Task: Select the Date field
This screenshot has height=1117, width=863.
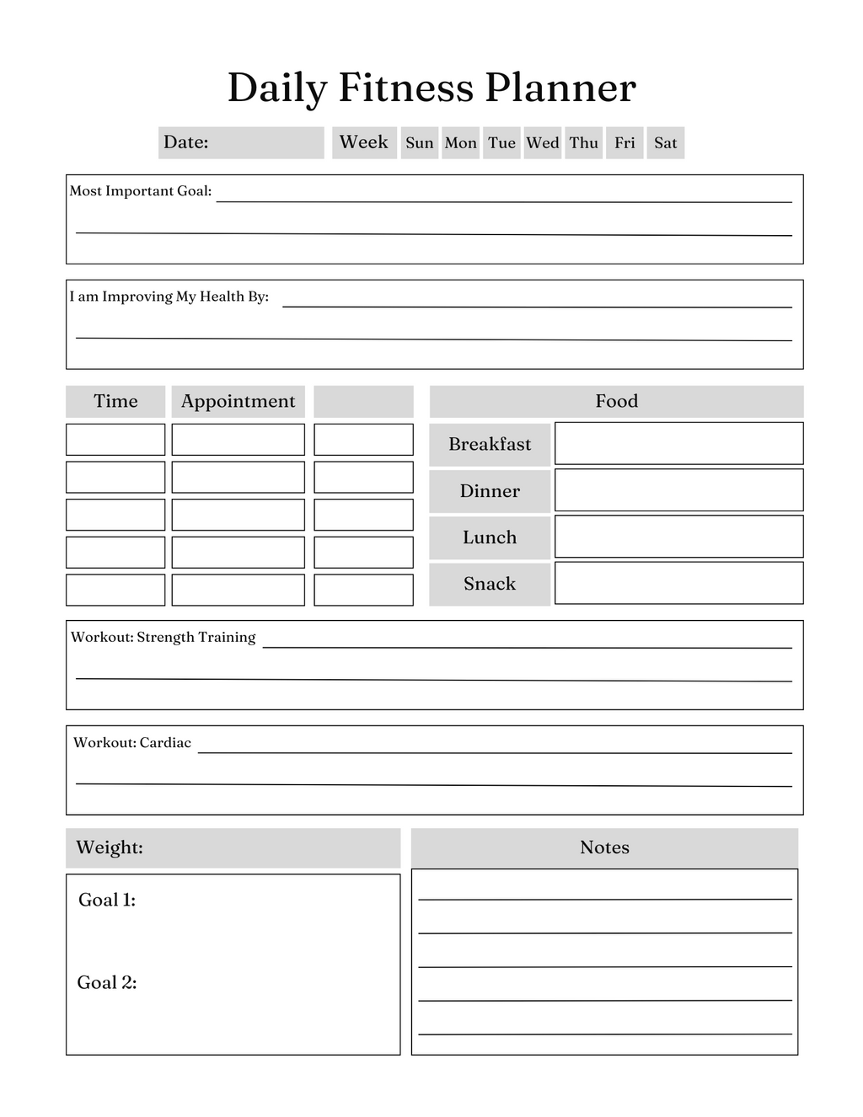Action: point(241,142)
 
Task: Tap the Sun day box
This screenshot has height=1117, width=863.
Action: point(419,143)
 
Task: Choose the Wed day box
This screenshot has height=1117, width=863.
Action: point(543,143)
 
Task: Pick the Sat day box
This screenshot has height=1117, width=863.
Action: point(665,143)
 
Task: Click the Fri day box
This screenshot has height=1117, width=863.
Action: point(624,143)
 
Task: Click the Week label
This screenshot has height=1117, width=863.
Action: point(364,142)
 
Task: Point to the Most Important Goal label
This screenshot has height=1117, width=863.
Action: point(141,191)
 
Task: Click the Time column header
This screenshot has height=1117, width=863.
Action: point(115,402)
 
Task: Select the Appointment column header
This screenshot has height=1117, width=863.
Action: point(238,402)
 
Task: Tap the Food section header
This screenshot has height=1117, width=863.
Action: point(616,402)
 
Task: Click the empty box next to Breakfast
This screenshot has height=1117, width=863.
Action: point(678,443)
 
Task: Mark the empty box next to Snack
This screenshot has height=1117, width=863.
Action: point(678,583)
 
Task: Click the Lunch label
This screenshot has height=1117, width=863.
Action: point(490,537)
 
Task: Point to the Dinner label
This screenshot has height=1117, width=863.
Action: point(490,491)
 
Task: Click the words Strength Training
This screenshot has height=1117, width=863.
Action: point(196,638)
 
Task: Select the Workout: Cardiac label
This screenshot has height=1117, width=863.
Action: point(132,743)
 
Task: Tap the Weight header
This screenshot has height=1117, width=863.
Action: point(110,847)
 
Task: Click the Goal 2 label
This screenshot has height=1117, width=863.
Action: point(107,983)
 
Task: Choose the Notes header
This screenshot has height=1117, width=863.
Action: point(604,847)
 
